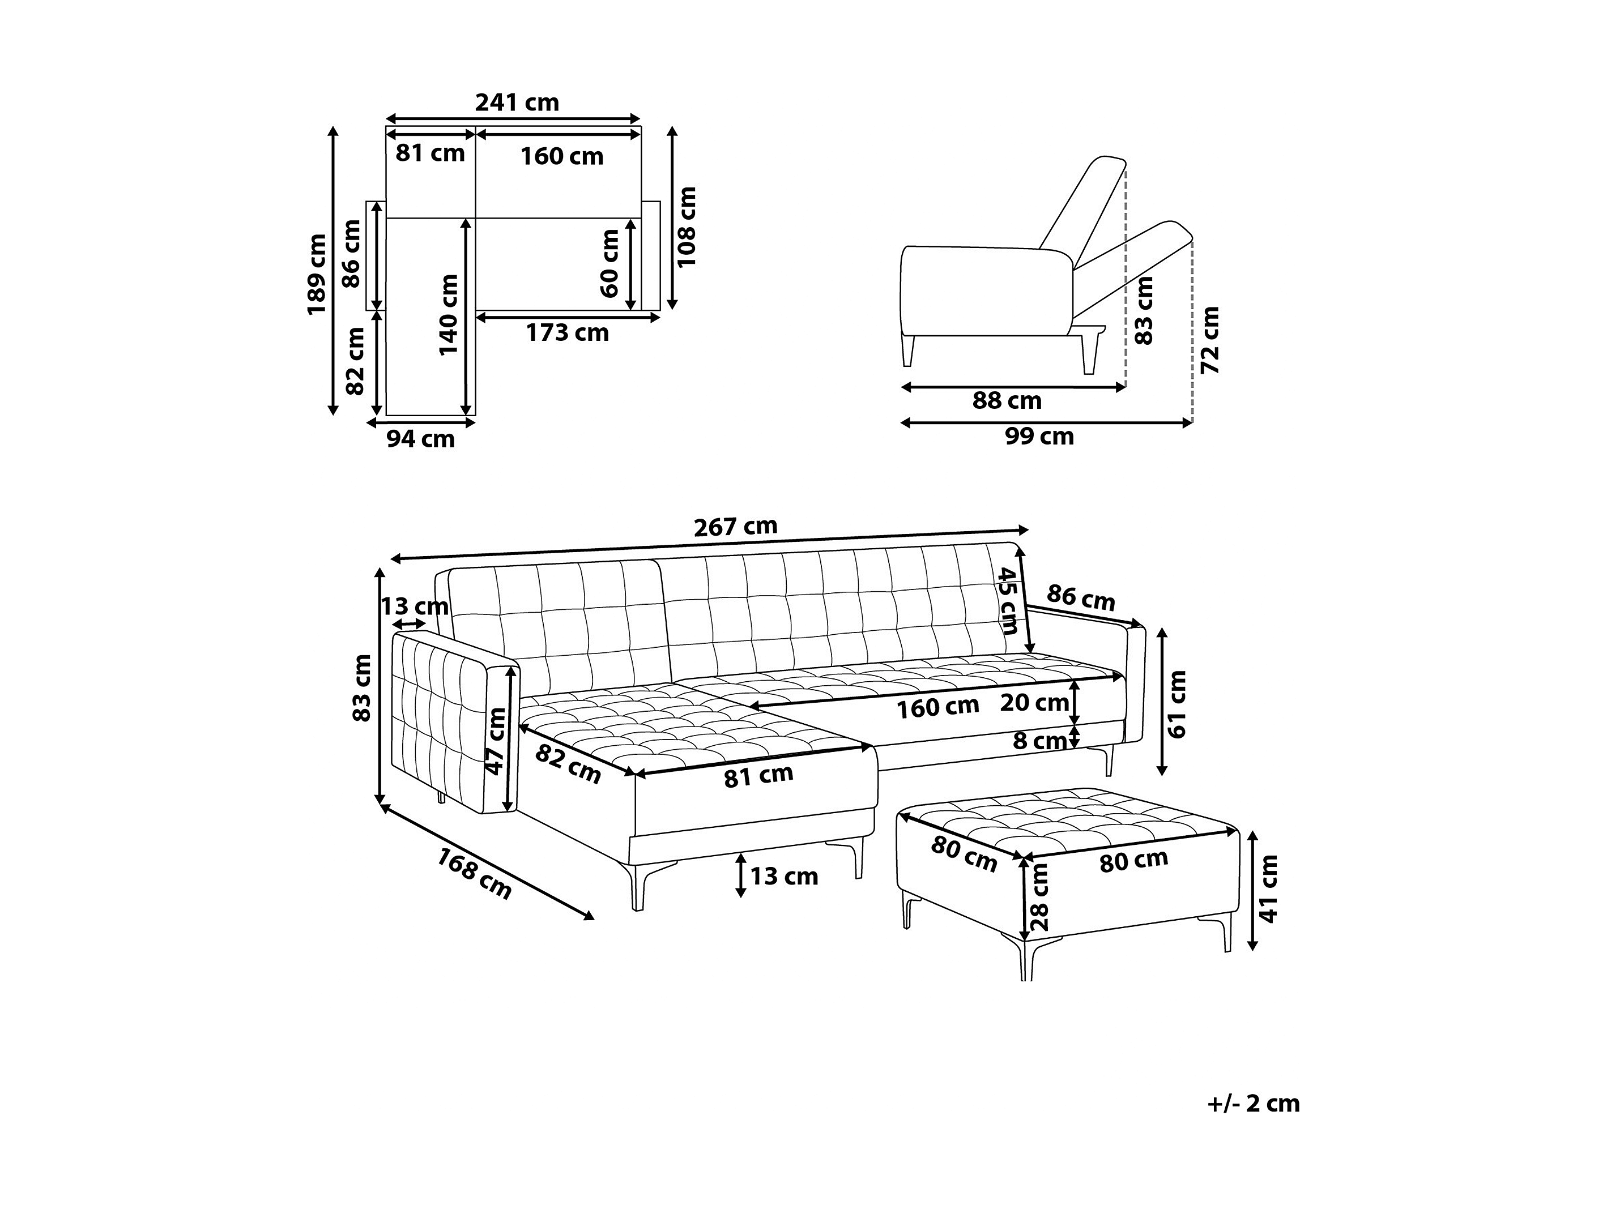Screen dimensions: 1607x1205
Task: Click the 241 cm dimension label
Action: [517, 102]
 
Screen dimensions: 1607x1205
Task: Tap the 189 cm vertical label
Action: [317, 274]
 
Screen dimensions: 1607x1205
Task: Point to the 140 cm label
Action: [449, 314]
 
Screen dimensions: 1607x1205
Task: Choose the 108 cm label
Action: [687, 227]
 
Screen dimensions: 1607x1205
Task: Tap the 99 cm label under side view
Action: [1039, 436]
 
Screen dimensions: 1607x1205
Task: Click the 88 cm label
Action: [1007, 400]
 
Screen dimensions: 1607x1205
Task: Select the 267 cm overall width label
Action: [735, 527]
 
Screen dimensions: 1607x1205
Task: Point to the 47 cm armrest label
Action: [496, 741]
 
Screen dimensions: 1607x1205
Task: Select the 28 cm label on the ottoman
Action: [1041, 897]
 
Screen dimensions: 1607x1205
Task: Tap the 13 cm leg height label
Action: [784, 876]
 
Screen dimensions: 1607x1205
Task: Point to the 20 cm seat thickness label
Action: [1034, 702]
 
